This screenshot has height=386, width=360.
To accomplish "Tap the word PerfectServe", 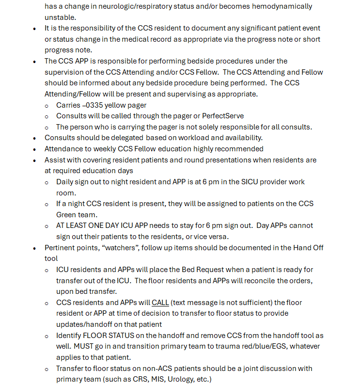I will [x=222, y=116].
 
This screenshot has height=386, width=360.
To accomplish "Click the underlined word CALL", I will [x=160, y=302].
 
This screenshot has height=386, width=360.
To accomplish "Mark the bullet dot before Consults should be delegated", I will [x=34, y=138].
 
